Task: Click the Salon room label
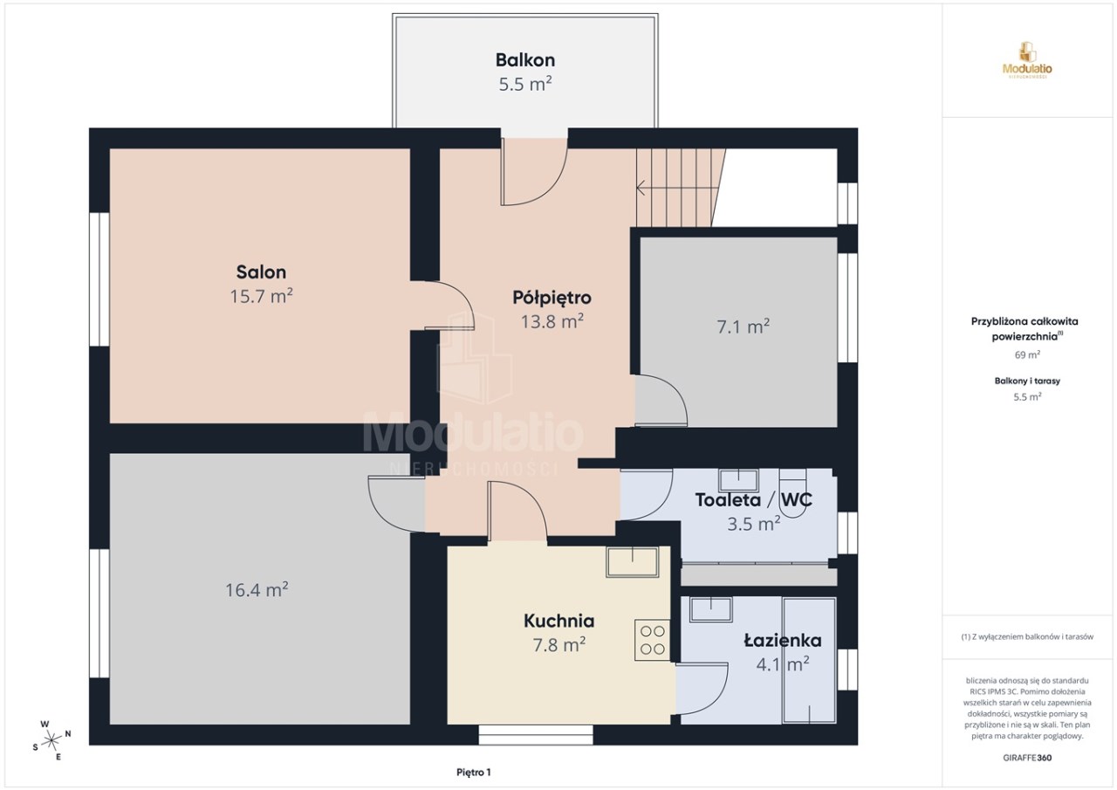tap(261, 272)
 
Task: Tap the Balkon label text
tap(525, 60)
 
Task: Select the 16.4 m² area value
tap(257, 590)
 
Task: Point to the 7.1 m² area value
tap(743, 326)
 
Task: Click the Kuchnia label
tap(559, 621)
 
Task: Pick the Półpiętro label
tap(552, 298)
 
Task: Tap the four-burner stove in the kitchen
tap(652, 640)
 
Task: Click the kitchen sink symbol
tap(633, 562)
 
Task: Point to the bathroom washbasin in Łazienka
tap(710, 609)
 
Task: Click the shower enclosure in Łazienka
tap(809, 660)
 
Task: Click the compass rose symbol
tap(51, 740)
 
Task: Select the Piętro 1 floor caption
tap(474, 773)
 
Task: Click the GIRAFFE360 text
tap(1027, 758)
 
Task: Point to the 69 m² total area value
tap(1027, 355)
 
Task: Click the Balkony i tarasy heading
tap(1027, 381)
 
